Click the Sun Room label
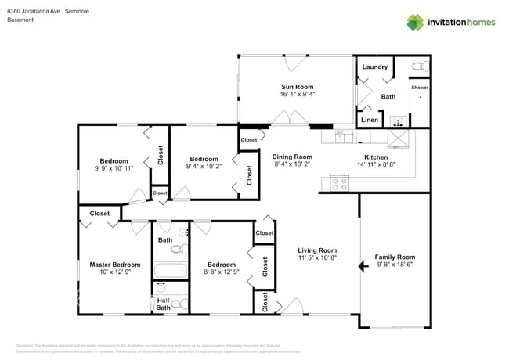point(297,86)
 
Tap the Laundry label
point(374,67)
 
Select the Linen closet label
point(370,120)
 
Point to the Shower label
point(421,88)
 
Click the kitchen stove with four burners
point(340,184)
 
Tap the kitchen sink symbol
point(345,135)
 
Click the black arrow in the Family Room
point(363,267)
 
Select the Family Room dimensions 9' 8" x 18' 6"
point(395,265)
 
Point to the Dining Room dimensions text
point(292,164)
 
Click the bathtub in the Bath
point(170,271)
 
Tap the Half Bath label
point(163,304)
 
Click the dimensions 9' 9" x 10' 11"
point(114,167)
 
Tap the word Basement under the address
point(20,20)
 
